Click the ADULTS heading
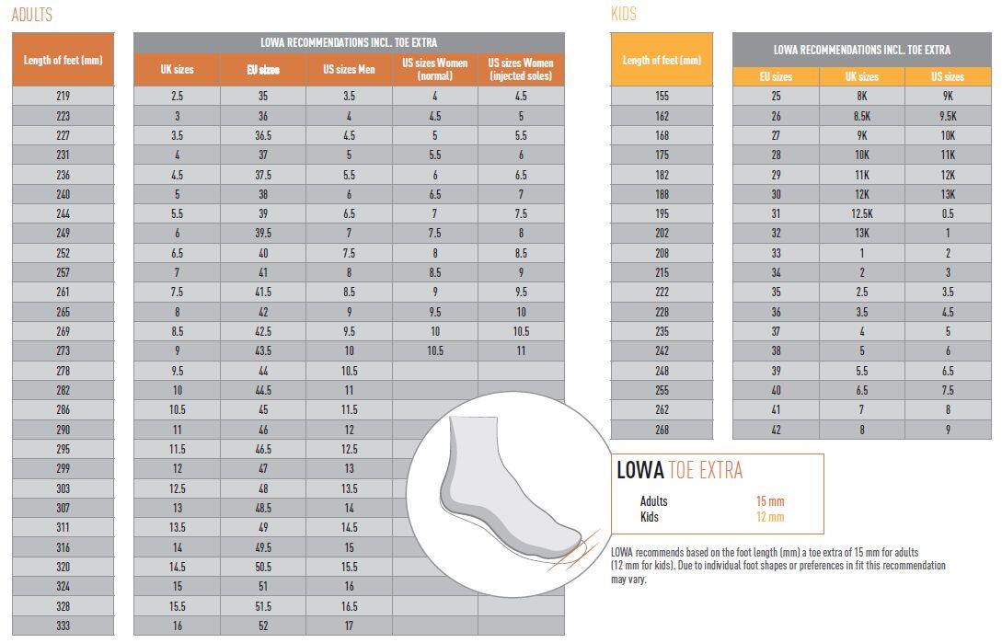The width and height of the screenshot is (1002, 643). (x=31, y=15)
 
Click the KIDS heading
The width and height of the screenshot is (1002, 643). (x=623, y=15)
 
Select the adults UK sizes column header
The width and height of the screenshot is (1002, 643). (x=177, y=70)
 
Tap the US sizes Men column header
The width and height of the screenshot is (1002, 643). (x=349, y=70)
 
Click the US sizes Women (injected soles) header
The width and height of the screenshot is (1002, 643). (x=521, y=70)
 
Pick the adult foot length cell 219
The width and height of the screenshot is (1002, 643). (x=63, y=96)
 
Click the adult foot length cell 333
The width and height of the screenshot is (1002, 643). (x=63, y=626)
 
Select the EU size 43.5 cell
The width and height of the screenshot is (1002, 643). (x=263, y=351)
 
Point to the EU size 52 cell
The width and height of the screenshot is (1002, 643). (x=263, y=626)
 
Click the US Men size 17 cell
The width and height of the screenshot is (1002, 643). (x=349, y=626)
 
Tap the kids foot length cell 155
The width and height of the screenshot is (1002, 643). (x=662, y=96)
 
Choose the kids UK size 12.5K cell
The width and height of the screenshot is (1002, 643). (x=862, y=214)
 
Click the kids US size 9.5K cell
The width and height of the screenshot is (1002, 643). (x=948, y=116)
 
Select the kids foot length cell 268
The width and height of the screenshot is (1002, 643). (x=662, y=430)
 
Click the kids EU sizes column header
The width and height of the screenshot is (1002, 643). (x=776, y=76)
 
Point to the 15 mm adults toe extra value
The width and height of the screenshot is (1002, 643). (x=769, y=501)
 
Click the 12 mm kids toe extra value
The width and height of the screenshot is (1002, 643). (x=769, y=517)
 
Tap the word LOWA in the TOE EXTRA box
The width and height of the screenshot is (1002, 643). (x=639, y=471)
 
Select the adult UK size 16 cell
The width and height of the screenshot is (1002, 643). (x=177, y=626)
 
